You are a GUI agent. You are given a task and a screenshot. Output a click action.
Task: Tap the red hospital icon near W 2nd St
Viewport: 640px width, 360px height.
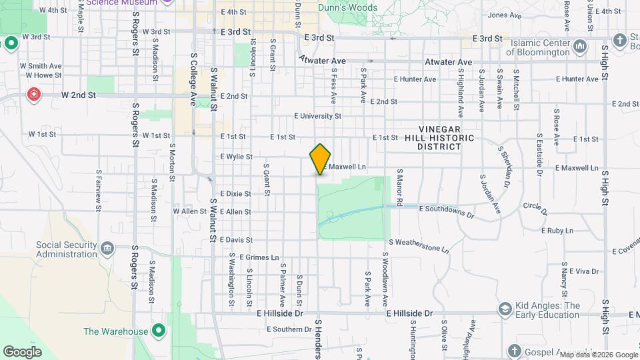point(33,95)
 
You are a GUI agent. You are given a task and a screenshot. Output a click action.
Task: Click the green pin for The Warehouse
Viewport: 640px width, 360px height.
point(159,331)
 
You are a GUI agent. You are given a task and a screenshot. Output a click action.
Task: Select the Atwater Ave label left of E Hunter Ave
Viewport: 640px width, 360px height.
point(322,61)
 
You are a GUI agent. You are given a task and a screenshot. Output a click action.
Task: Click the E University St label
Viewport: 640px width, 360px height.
point(318,115)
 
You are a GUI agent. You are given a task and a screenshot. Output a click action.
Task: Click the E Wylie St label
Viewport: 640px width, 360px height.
point(237,157)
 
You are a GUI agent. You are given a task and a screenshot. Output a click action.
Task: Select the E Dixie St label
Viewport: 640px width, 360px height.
point(237,194)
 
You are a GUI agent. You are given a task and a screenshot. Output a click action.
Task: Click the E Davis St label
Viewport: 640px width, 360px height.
point(236,239)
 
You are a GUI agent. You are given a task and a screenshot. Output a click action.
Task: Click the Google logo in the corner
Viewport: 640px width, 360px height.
point(23,351)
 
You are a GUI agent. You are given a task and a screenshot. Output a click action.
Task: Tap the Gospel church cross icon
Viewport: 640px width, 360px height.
point(513,350)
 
